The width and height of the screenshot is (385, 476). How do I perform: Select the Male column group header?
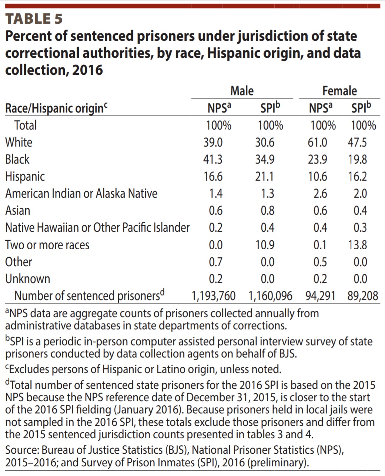pos(242,91)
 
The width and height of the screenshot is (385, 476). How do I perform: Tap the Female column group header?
pos(339,91)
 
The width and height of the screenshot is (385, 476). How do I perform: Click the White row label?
pos(19,142)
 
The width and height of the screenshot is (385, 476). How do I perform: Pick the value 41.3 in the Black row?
pos(213,159)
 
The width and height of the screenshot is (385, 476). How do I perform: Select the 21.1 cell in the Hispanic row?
pos(265,176)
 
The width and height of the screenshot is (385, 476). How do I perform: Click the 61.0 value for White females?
pos(318,142)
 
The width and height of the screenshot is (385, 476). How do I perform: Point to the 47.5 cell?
pos(357,142)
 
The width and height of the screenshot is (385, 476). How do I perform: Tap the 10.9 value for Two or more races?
pos(265,245)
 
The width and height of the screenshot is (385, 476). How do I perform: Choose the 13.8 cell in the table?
pos(357,245)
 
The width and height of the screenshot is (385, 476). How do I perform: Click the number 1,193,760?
pos(213,296)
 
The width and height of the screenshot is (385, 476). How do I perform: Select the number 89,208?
pos(363,296)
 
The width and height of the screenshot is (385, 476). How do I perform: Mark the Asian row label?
pos(17,211)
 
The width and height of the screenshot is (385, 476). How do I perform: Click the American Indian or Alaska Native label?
pos(81,193)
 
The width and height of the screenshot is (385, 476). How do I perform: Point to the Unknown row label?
pos(27,279)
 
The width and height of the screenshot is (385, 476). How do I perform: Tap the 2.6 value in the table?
pos(320,193)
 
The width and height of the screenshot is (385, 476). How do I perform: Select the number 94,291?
pos(321,296)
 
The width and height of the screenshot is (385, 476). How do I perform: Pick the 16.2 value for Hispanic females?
pos(357,176)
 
